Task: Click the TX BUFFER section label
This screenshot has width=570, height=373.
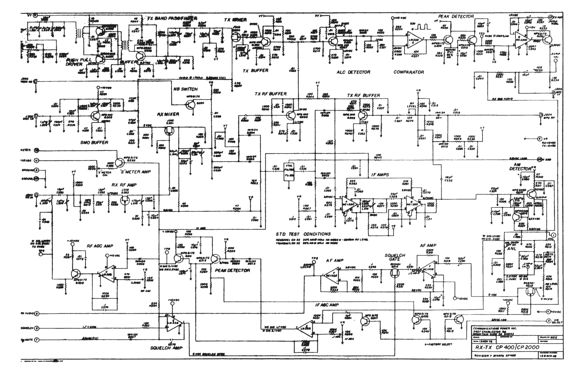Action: (255, 70)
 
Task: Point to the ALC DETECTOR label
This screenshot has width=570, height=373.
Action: (353, 72)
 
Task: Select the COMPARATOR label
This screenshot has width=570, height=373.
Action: (409, 72)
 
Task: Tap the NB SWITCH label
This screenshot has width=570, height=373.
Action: (186, 89)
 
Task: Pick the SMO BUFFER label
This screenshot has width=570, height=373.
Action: (94, 142)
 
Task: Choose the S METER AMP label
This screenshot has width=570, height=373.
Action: (136, 172)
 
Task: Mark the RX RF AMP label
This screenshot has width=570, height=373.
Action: (124, 185)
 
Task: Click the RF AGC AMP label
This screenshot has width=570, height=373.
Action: (100, 246)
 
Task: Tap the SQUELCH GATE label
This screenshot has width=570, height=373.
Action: (395, 257)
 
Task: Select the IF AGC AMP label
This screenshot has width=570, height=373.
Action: (327, 305)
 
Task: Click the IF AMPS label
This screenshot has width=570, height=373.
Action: (380, 174)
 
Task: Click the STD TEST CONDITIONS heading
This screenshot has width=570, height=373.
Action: (303, 234)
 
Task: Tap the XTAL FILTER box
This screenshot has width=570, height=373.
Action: (289, 172)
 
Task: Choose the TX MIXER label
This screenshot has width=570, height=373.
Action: (236, 20)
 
